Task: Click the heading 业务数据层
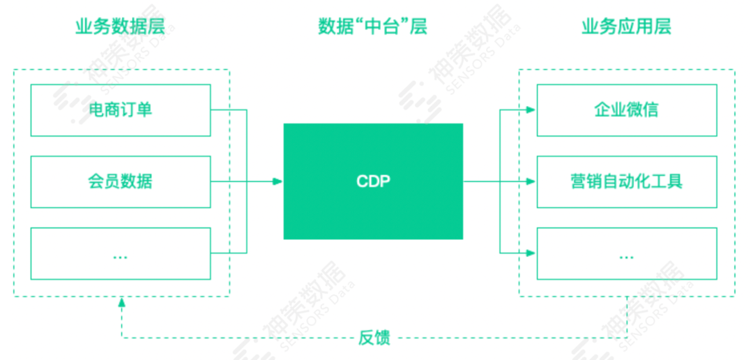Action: [121, 27]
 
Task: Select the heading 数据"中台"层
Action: [372, 27]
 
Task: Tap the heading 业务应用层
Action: [626, 27]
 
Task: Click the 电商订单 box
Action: [121, 110]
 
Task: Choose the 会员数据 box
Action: [121, 181]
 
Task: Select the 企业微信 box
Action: [626, 110]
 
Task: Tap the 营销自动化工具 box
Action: [626, 181]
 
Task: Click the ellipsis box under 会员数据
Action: [121, 253]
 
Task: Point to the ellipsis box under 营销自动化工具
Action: [626, 253]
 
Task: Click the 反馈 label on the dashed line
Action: [374, 338]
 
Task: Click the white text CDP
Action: [373, 181]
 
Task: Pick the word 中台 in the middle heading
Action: [372, 27]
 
